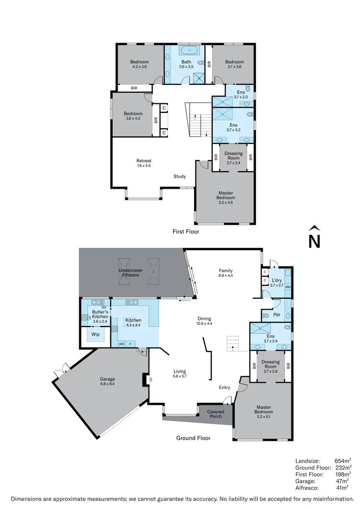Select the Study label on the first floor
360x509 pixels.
[x=180, y=176]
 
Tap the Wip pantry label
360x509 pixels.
[x=96, y=334]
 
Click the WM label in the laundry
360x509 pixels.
[x=288, y=287]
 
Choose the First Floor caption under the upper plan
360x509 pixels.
[x=186, y=231]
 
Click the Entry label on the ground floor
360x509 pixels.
[x=224, y=388]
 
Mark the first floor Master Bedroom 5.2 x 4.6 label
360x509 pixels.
[x=226, y=195]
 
